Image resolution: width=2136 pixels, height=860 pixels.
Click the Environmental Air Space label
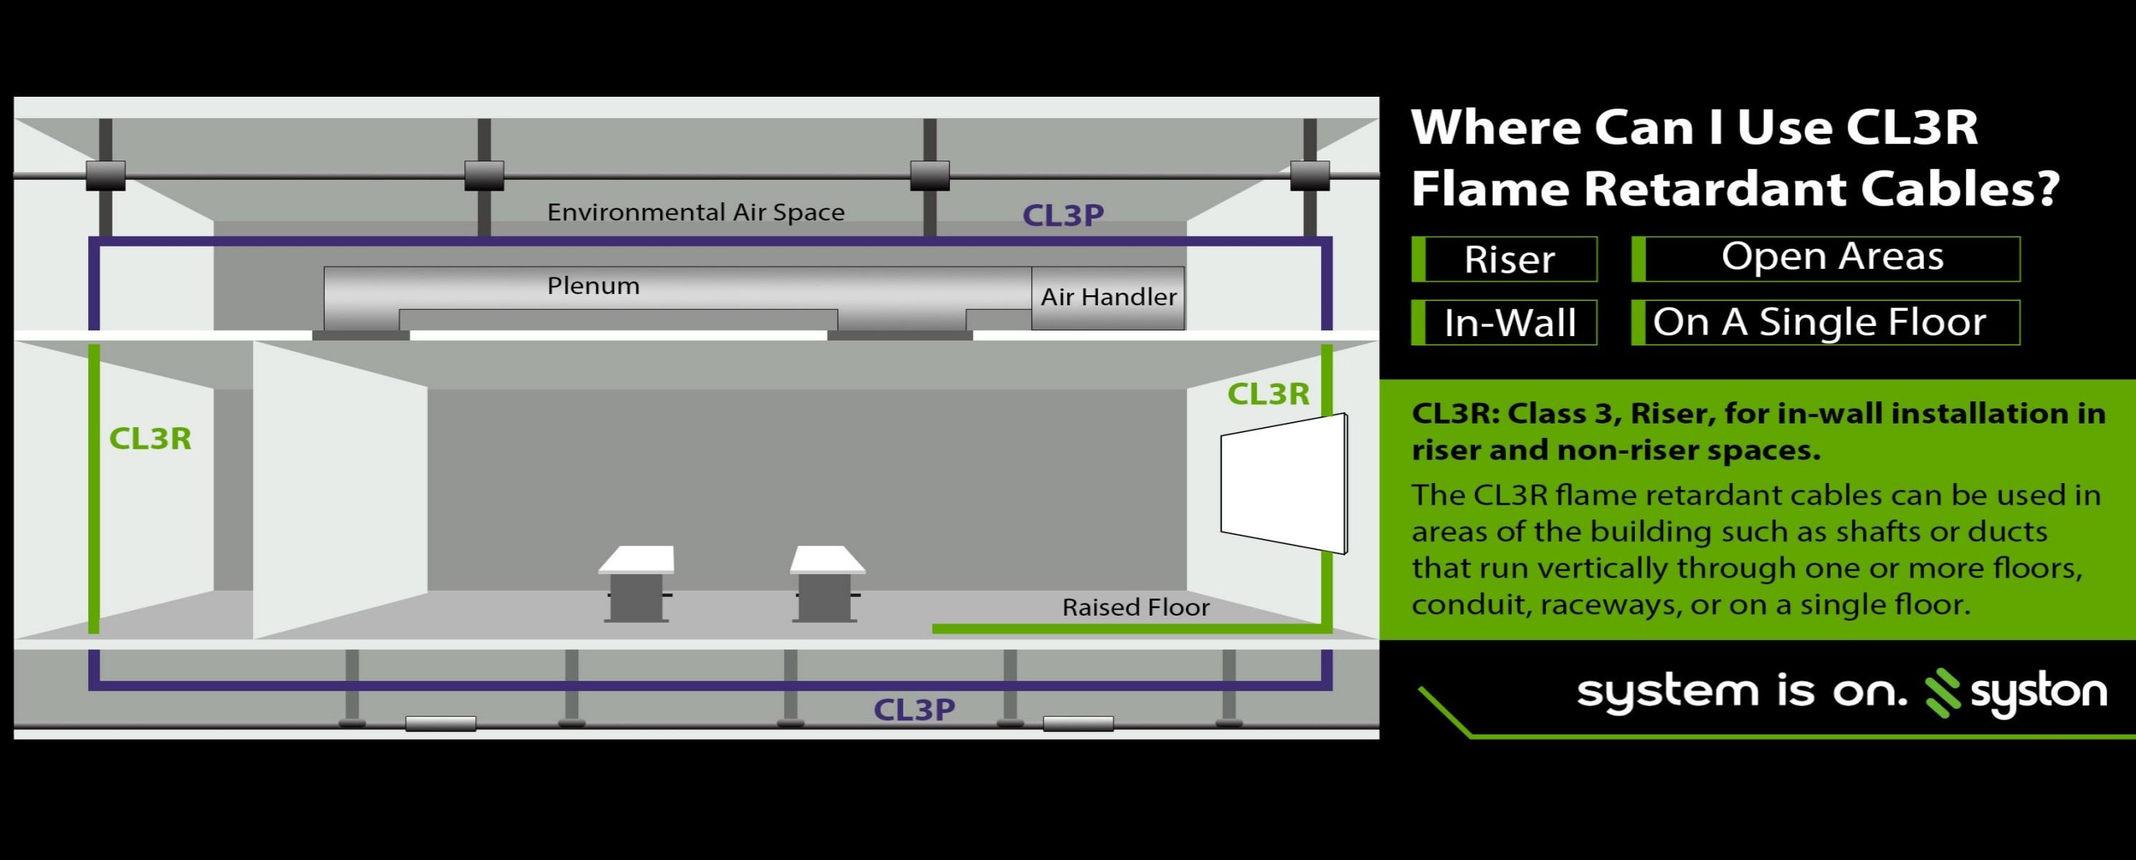pyautogui.click(x=696, y=212)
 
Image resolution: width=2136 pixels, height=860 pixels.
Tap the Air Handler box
pyautogui.click(x=1108, y=297)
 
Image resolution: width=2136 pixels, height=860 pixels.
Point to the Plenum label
pyautogui.click(x=593, y=286)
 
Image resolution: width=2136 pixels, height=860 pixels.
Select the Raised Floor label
pyautogui.click(x=1135, y=607)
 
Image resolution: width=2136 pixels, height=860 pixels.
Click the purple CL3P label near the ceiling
pyautogui.click(x=1063, y=216)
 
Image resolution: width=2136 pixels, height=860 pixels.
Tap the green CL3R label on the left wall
pyautogui.click(x=150, y=439)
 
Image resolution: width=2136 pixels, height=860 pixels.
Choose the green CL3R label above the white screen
pyautogui.click(x=1268, y=395)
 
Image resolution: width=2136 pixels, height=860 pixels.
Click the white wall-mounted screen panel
pyautogui.click(x=1283, y=484)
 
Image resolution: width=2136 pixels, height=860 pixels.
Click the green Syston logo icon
pyautogui.click(x=1942, y=692)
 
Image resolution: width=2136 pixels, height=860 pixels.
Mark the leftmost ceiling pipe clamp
pyautogui.click(x=105, y=176)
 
